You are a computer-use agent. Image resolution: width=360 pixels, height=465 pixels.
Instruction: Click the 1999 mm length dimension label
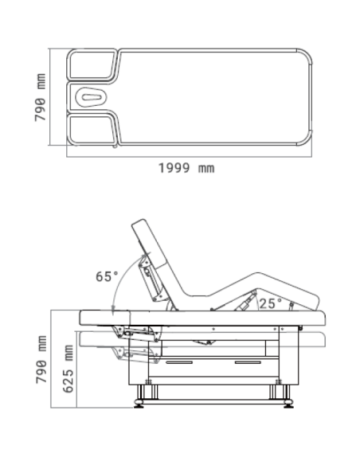tap(186, 168)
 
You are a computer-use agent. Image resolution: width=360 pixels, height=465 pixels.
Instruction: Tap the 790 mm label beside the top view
tap(41, 98)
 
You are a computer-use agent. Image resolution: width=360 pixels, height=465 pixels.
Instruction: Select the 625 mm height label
tap(68, 369)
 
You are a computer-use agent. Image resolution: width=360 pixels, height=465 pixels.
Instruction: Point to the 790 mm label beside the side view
tap(41, 359)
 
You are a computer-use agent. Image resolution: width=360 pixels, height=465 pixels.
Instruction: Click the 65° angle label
tap(107, 276)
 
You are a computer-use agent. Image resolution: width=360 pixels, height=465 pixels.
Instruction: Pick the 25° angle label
tap(271, 303)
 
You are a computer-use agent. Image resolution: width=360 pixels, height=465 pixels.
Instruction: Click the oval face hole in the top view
tap(92, 97)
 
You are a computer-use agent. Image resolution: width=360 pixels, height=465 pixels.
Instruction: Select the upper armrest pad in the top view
tap(92, 64)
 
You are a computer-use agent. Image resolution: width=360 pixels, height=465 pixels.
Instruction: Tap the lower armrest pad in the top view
tap(92, 130)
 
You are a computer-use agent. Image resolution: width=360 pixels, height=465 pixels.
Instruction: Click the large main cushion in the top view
tap(214, 97)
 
